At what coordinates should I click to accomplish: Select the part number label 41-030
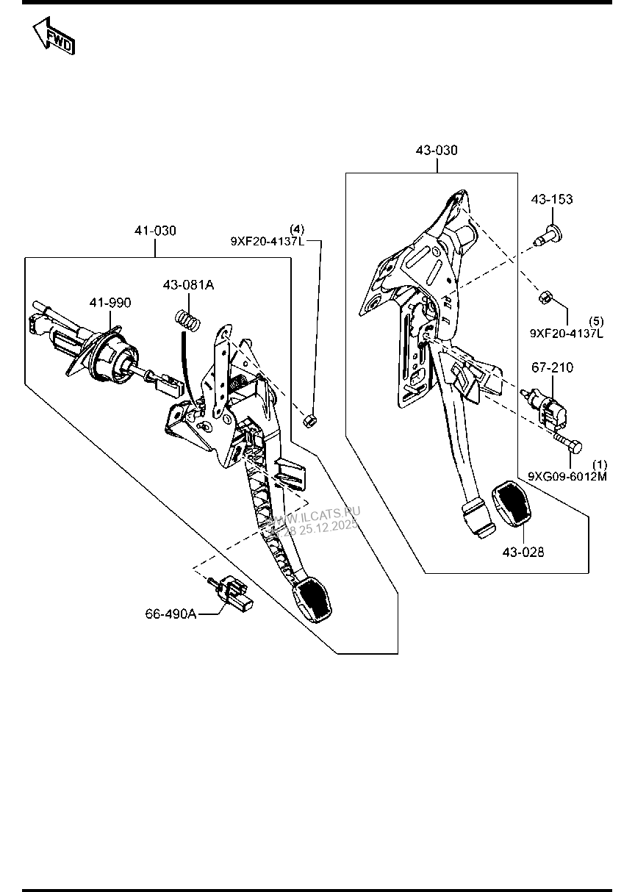point(155,231)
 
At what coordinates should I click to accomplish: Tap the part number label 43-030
point(437,151)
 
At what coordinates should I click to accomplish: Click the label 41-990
point(110,303)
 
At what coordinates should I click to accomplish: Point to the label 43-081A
point(188,284)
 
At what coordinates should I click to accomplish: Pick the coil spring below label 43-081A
point(189,321)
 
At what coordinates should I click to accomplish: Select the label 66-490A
point(171,614)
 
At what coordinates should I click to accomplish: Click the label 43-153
point(553,200)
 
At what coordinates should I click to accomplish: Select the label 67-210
point(553,367)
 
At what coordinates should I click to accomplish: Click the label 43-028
point(523,552)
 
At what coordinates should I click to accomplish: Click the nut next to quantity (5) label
point(546,298)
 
